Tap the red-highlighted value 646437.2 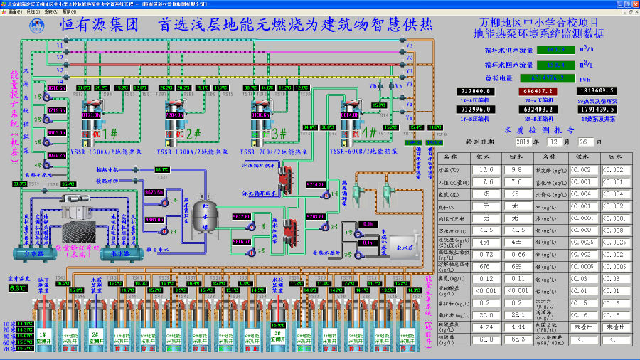539,92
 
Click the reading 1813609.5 596,91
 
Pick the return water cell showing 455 517,242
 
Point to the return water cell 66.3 517,339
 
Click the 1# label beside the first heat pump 110,133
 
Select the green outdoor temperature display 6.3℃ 16,288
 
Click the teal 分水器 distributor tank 31,252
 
